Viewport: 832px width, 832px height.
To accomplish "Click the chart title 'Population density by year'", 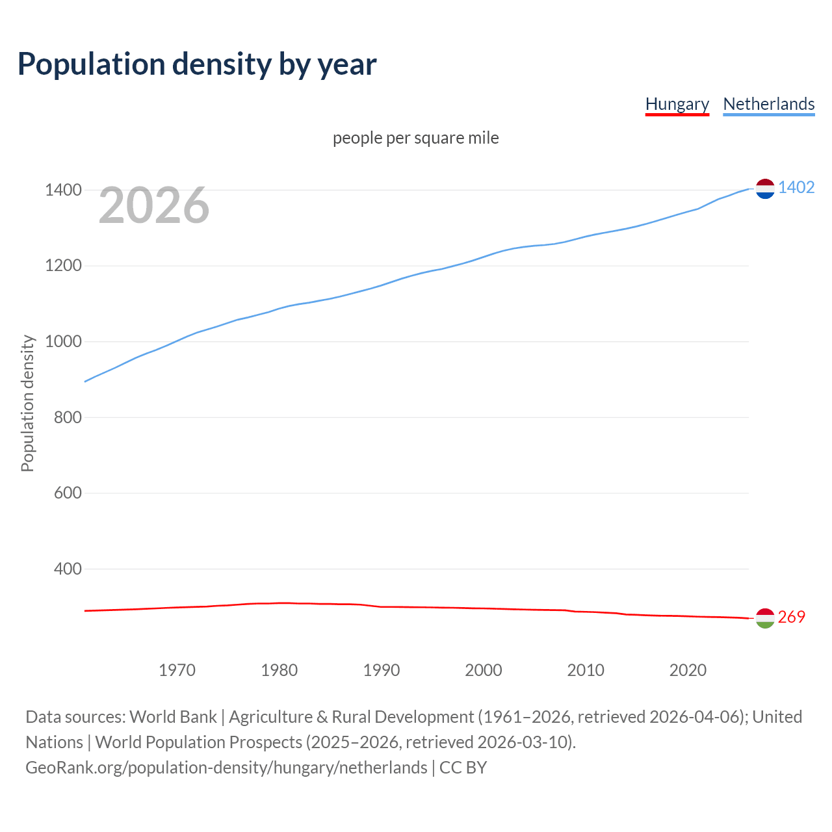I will (197, 64).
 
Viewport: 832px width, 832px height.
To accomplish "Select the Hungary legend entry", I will (677, 104).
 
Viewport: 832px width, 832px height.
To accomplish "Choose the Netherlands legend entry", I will (768, 104).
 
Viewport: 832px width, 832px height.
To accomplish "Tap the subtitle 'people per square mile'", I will (415, 138).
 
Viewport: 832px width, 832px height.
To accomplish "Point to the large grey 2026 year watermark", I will (154, 205).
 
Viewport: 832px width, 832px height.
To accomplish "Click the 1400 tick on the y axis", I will (63, 190).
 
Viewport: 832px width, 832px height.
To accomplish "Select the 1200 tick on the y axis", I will (63, 266).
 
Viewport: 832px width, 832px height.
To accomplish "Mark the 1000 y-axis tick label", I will (63, 341).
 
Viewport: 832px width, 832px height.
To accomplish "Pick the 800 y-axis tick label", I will (68, 417).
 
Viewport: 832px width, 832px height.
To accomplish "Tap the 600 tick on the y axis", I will (68, 493).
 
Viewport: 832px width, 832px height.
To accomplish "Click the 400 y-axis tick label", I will (68, 569).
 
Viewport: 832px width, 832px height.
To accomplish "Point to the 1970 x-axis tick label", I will (177, 670).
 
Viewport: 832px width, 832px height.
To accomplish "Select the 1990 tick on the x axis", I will (382, 670).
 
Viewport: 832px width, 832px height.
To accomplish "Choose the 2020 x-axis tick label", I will (688, 670).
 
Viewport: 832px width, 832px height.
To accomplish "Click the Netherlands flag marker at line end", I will (765, 188).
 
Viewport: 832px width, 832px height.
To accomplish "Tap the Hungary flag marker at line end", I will (765, 618).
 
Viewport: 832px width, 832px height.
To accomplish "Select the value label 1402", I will (796, 187).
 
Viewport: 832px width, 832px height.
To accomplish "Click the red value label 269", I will (791, 617).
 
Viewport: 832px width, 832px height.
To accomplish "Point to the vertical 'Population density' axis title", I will (27, 403).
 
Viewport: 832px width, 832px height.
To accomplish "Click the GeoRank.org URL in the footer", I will (226, 768).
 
